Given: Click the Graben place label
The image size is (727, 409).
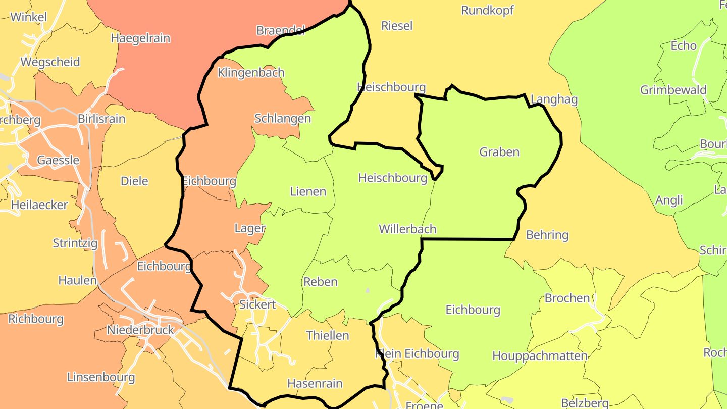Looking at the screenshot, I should (499, 152).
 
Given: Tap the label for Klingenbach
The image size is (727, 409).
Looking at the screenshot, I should (251, 73).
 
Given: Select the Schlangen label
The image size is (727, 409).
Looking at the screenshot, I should (282, 119).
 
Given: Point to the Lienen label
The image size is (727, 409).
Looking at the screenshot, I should (308, 192).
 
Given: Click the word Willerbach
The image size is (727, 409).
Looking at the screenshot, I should (407, 229).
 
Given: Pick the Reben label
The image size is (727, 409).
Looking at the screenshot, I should (320, 282).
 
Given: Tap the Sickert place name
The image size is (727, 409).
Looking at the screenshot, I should (257, 304).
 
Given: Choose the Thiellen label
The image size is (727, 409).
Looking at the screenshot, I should (327, 335).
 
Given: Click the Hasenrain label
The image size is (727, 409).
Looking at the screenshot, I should (315, 384).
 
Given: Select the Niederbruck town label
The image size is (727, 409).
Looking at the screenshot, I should (140, 330).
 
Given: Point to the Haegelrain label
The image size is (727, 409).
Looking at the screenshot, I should (140, 38).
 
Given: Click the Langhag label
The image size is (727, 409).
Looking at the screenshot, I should (554, 99).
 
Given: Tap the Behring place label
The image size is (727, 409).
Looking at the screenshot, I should (547, 235).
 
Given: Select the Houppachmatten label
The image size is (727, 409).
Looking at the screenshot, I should (540, 356).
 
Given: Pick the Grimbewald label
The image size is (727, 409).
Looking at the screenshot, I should (673, 90).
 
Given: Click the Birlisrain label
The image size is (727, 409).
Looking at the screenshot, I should (101, 119).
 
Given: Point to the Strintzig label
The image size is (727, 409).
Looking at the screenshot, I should (75, 243).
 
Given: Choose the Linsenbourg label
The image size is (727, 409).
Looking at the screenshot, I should (101, 377).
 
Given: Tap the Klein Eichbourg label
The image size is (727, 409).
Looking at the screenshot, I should (417, 354).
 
